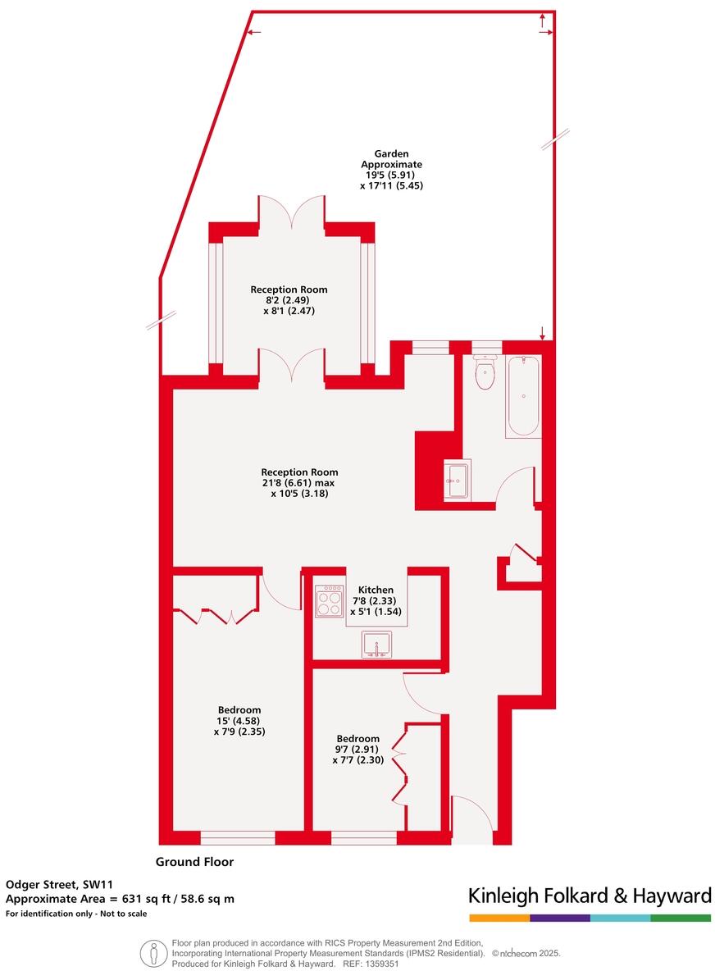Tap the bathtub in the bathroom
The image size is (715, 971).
coord(522,397)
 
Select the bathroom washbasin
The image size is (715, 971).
coord(456,481)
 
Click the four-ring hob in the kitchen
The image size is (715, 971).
coord(330,600)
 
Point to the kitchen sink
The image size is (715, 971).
coord(378,645)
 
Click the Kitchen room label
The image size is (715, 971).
coord(376,590)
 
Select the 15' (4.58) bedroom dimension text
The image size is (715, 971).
coord(239,721)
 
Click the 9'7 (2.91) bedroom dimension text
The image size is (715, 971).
coord(357,750)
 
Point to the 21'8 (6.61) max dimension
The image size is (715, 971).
coord(299,483)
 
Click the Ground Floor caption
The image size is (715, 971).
coord(194,862)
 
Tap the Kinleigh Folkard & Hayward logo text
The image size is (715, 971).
coord(589,896)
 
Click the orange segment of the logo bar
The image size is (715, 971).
coord(499,918)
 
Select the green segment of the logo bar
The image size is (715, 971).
coord(681,918)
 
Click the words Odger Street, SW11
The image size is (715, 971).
coord(59,884)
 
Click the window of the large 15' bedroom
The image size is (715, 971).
coord(237,837)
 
